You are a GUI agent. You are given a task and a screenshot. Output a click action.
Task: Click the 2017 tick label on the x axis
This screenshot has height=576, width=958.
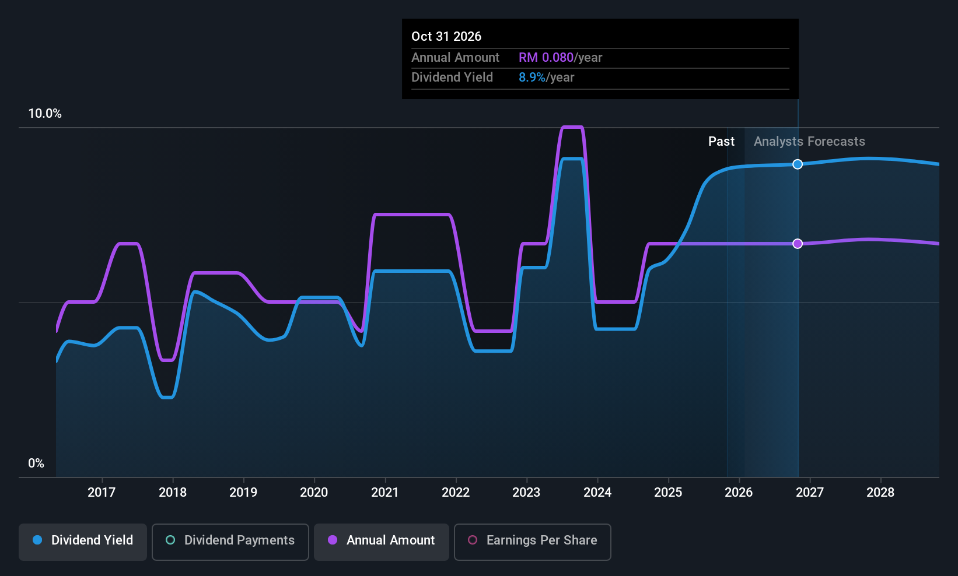point(102,492)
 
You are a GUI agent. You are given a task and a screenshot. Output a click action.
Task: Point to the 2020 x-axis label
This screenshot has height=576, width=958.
point(314,492)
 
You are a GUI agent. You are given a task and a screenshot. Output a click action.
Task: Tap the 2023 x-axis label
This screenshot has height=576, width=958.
point(526,492)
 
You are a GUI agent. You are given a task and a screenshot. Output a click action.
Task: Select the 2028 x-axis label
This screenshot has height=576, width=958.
point(880,492)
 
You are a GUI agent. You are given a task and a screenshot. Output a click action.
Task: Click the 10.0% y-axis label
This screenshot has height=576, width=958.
point(45,114)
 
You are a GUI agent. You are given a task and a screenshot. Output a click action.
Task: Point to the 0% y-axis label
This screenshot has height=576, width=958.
point(36,463)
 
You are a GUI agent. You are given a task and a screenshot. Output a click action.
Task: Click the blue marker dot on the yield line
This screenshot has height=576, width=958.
point(798,164)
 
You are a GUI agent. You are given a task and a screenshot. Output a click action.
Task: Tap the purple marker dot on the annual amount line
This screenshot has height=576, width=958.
point(798,244)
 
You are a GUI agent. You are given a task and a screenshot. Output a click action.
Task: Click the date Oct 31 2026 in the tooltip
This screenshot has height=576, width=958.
point(446,37)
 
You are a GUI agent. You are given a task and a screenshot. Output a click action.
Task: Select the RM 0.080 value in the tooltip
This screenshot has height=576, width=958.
point(546,58)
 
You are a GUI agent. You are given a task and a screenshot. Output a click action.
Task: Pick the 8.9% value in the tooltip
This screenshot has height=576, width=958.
point(532,78)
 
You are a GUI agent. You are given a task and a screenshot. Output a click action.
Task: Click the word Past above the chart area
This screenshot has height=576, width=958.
point(722,142)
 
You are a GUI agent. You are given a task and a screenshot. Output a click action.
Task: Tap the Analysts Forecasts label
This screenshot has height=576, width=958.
point(809,142)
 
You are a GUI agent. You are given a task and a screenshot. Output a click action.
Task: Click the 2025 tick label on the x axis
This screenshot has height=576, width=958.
point(668,492)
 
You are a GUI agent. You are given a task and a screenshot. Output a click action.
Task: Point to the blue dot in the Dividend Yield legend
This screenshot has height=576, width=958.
point(38,540)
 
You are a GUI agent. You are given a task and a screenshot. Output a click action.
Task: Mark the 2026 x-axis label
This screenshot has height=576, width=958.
point(739,492)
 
